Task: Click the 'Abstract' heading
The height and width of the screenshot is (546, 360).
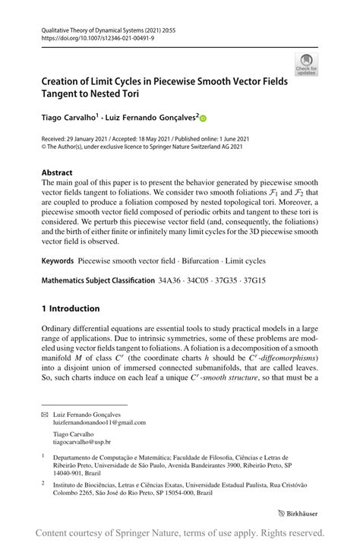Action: pos(57,172)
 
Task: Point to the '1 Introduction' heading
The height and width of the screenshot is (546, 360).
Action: pos(71,308)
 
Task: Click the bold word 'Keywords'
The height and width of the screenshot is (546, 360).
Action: pos(58,260)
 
